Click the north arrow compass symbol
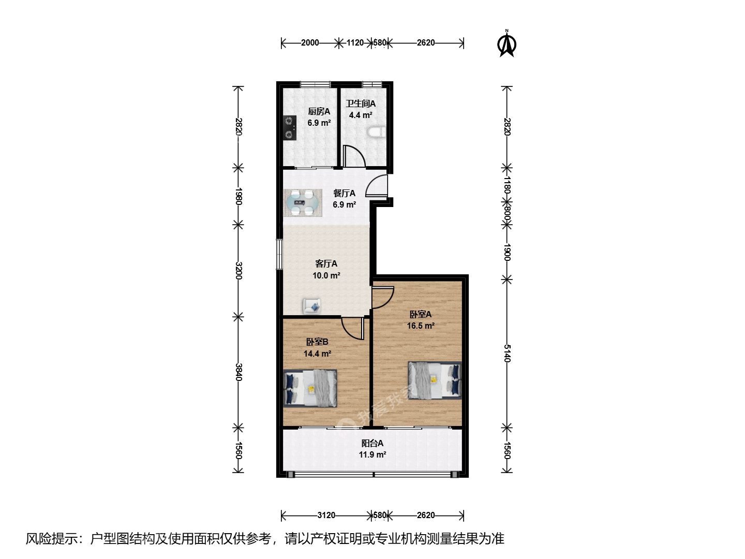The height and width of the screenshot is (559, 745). click(506, 43)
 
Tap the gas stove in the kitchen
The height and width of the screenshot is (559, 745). click(290, 128)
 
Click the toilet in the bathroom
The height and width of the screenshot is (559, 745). click(377, 133)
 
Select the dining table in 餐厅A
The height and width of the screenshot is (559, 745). click(303, 203)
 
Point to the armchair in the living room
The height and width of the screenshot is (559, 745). click(312, 306)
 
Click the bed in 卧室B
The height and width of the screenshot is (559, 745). click(310, 388)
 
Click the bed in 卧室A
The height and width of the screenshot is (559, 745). click(435, 380)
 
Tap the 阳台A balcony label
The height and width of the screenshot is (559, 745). click(373, 443)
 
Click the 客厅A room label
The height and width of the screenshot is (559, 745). click(326, 264)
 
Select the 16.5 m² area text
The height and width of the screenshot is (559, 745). click(421, 326)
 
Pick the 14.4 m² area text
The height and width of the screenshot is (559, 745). click(317, 354)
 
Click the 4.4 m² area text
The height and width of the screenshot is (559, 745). click(361, 115)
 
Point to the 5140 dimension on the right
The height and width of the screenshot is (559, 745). click(506, 354)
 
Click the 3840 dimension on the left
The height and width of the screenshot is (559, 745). click(239, 372)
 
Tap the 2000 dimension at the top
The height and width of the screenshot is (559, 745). click(310, 43)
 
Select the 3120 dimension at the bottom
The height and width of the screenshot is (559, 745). click(326, 515)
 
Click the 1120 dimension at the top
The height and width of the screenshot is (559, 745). click(355, 43)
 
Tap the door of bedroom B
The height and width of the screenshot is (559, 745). click(353, 328)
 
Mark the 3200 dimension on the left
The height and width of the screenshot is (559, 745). click(239, 271)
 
